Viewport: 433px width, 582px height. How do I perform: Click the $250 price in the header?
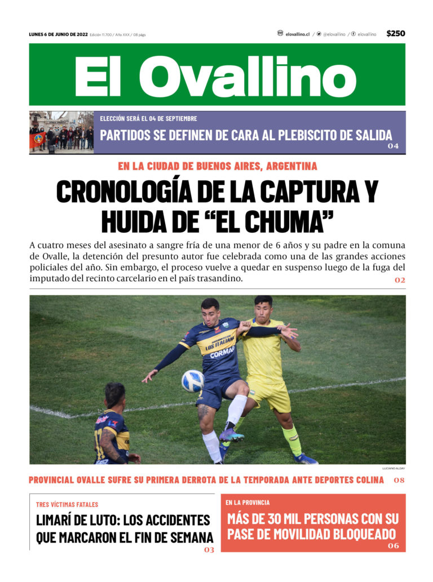(395, 34)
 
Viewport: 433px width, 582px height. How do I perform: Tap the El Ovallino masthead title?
(216, 76)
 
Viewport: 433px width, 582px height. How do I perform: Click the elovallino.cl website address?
(297, 34)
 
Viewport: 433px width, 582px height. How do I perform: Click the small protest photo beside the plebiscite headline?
(61, 132)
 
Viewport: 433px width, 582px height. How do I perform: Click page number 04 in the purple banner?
(393, 146)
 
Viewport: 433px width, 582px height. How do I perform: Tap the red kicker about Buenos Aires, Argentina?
(217, 166)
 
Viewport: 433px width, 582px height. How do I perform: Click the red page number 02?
(399, 280)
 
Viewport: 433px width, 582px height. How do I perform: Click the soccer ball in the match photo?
(192, 381)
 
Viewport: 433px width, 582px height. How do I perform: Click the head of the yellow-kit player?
(263, 307)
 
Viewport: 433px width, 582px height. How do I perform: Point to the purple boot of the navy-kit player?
(232, 435)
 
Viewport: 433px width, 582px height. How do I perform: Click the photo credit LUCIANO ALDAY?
(394, 468)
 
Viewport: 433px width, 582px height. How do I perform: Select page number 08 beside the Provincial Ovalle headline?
(399, 480)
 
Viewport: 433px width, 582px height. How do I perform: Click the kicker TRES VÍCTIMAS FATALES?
(67, 504)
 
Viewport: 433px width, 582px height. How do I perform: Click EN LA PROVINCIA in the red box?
(248, 502)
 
